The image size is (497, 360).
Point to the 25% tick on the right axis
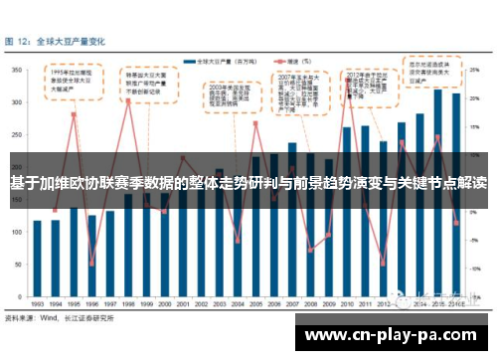481,70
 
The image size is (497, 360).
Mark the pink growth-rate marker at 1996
91,264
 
